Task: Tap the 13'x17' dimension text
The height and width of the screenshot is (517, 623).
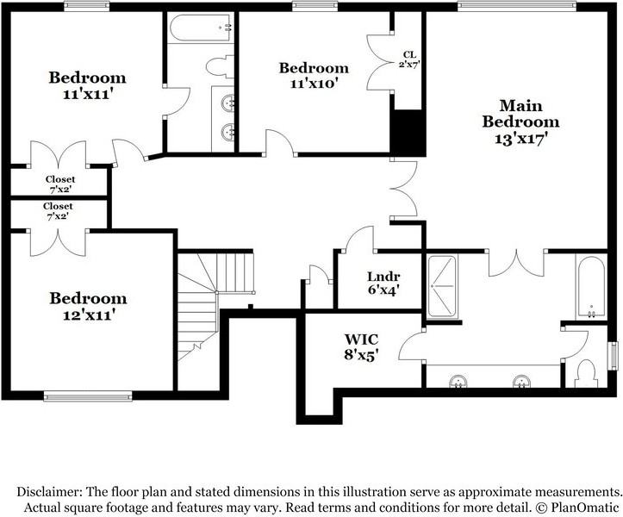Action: click(x=520, y=137)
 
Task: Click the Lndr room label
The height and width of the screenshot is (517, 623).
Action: click(x=382, y=277)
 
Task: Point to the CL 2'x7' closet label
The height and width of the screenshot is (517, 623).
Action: click(x=408, y=59)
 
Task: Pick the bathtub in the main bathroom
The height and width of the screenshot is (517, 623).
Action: click(x=590, y=285)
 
